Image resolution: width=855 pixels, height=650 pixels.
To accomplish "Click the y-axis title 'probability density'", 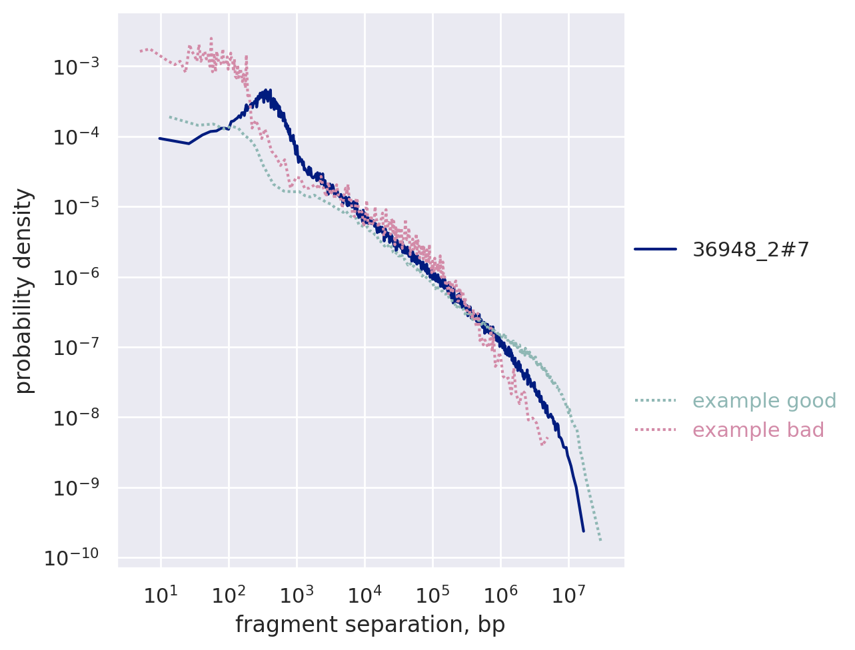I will point(24,290).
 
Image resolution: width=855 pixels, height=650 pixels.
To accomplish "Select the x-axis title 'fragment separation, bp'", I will point(370,625).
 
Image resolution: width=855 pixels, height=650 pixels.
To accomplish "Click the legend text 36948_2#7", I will point(751,250).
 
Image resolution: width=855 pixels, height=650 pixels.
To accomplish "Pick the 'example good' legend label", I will point(764,401).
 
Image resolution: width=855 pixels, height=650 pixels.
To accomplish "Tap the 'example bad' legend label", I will point(758,430).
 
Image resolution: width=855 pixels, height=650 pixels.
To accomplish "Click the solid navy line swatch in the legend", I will point(655,250).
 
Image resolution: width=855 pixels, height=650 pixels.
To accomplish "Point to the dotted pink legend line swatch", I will point(655,430).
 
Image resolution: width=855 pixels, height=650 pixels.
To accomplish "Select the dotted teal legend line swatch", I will point(655,401).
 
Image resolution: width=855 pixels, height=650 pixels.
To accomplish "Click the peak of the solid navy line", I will point(268,91).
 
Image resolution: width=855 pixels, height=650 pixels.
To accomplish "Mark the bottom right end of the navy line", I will point(583,531).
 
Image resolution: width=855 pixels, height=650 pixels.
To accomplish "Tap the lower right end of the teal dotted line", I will point(600,540).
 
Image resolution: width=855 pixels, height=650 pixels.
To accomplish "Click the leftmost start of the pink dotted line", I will point(141,51).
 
